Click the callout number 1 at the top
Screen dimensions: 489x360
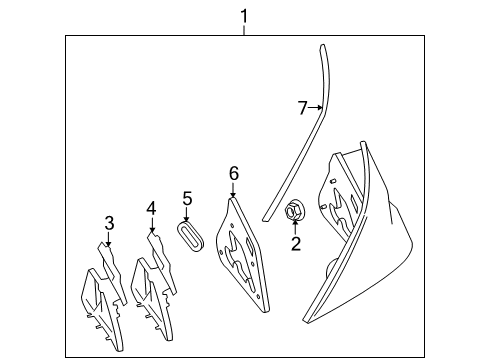click(244, 16)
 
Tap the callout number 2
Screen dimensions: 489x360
click(296, 244)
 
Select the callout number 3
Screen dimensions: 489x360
click(109, 223)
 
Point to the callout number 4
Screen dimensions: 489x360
click(151, 209)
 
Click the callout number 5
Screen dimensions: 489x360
click(187, 198)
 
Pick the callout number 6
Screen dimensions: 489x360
click(234, 173)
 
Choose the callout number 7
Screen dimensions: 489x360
click(302, 108)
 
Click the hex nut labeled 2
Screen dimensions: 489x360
click(295, 209)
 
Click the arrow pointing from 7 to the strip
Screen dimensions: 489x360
click(315, 107)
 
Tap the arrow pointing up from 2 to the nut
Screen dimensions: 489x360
click(295, 227)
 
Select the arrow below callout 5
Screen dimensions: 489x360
click(187, 214)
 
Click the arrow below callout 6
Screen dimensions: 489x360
click(233, 190)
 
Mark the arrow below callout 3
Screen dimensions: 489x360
click(108, 239)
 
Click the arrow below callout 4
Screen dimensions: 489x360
click(152, 224)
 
